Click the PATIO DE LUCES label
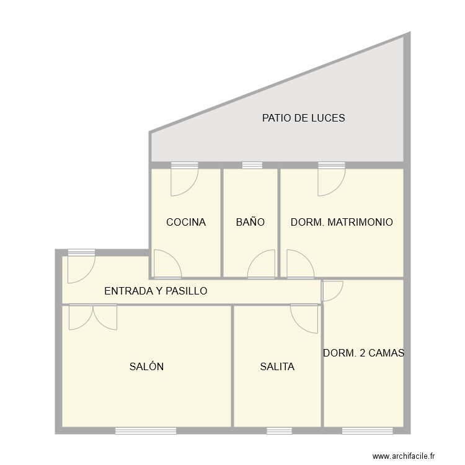pyautogui.click(x=303, y=118)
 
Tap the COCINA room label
pyautogui.click(x=185, y=222)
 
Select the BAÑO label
pyautogui.click(x=250, y=222)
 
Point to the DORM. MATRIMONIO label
pyautogui.click(x=342, y=222)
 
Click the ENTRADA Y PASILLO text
pyautogui.click(x=156, y=291)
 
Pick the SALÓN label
pyautogui.click(x=146, y=366)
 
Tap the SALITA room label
pyautogui.click(x=277, y=366)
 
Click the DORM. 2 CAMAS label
pyautogui.click(x=363, y=353)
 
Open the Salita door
pyautogui.click(x=305, y=317)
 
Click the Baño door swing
pyautogui.click(x=262, y=265)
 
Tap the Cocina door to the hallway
pyautogui.click(x=166, y=264)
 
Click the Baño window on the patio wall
pyautogui.click(x=252, y=166)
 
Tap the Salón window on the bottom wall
pyautogui.click(x=146, y=430)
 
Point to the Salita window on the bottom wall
pyautogui.click(x=279, y=430)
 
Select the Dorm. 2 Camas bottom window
pyautogui.click(x=368, y=430)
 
